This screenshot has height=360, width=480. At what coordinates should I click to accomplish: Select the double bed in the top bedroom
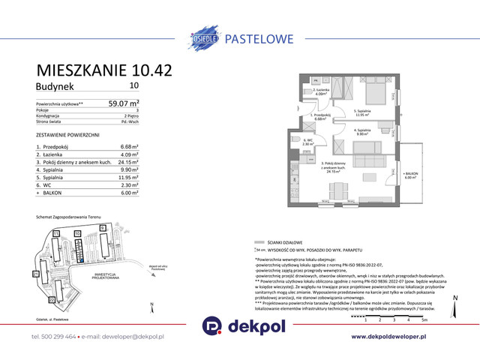click(x=373, y=93)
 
